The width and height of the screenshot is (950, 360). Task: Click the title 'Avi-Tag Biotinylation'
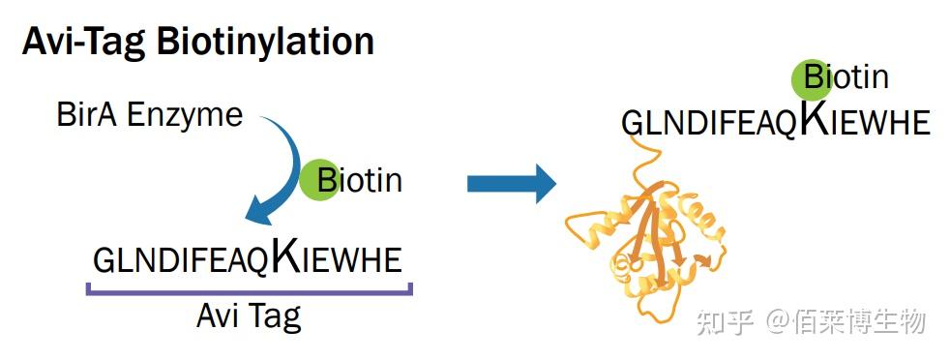pos(198,42)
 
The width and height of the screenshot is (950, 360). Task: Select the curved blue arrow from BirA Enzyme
pos(282,169)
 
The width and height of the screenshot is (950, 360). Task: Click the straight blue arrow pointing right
pos(511,183)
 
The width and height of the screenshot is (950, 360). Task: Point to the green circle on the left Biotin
pos(318,181)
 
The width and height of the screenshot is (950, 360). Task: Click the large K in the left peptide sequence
pos(285,255)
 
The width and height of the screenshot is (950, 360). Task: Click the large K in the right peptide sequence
pos(814,120)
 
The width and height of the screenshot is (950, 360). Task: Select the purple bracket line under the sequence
pos(249,288)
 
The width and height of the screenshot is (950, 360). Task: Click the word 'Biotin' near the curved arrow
pos(360,181)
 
